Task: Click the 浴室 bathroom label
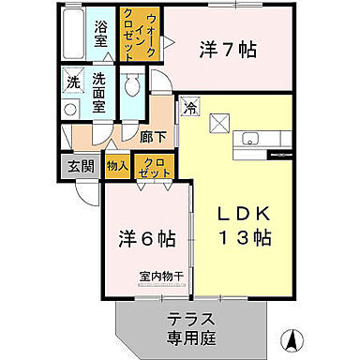tap(101, 29)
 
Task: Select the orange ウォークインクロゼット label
tap(133, 34)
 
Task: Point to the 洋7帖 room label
tap(226, 51)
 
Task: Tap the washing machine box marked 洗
tap(73, 82)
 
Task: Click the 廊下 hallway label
tap(154, 136)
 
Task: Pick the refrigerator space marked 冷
tap(190, 108)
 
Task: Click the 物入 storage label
tap(117, 167)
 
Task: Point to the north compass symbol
tap(293, 337)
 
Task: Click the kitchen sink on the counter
tap(248, 140)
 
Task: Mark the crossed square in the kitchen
tap(217, 123)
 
